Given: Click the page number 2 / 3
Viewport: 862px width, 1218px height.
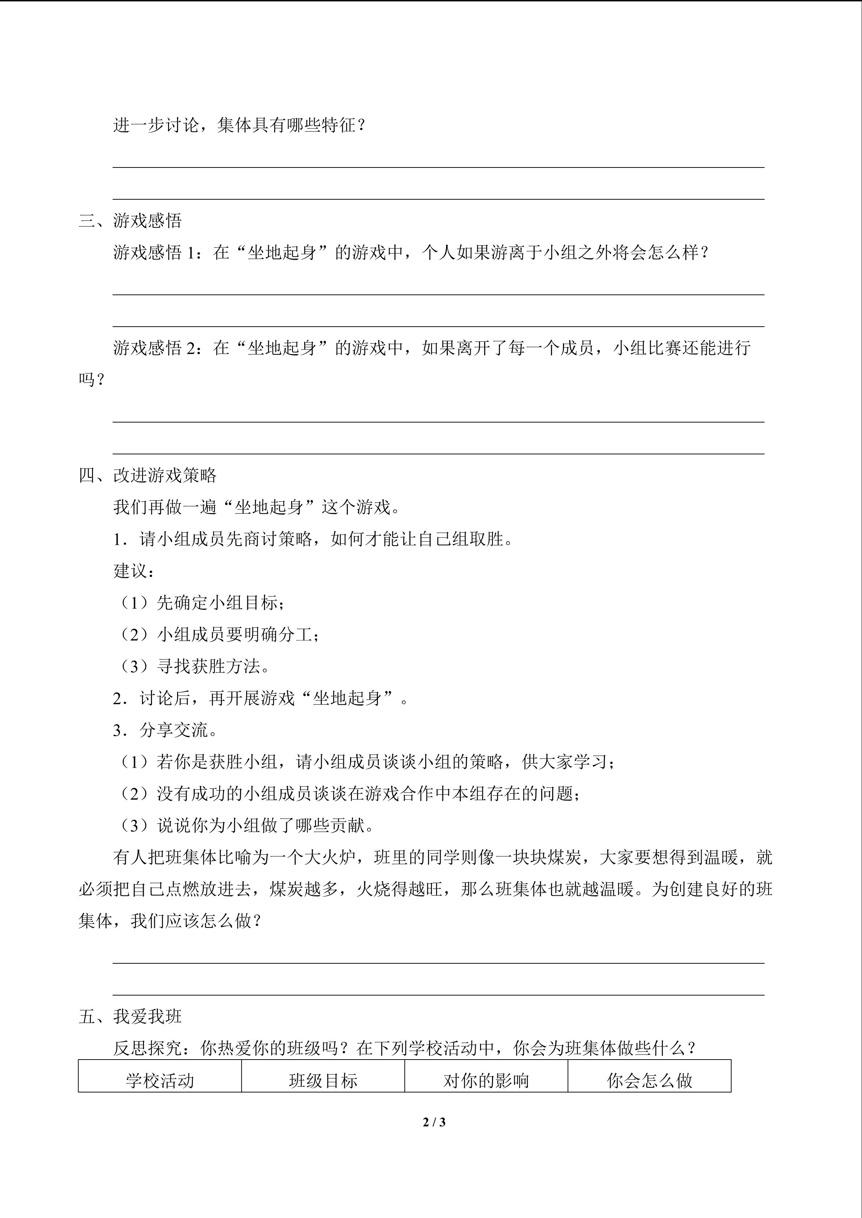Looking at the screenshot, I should coord(434,1122).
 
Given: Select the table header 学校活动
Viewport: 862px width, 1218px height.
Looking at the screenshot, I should coord(160,1080).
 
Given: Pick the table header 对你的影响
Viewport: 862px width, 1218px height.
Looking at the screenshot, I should coord(486,1080).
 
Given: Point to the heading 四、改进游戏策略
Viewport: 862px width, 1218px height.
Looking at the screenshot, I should coord(148,475).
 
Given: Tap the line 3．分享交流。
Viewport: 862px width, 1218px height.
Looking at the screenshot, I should coord(165,730).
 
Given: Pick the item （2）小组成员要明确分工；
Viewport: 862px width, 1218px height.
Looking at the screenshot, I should coord(218,635).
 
